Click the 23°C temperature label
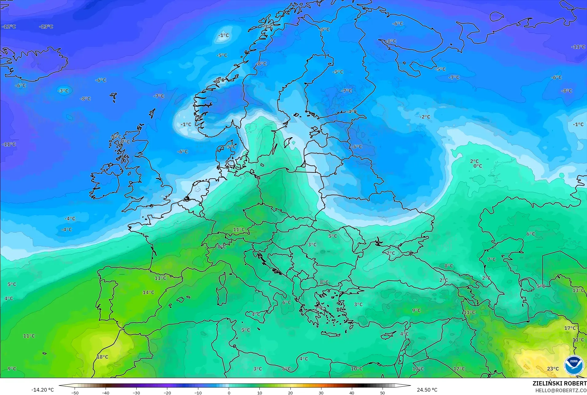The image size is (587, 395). tap(553, 369)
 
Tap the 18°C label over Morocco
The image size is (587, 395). tap(103, 357)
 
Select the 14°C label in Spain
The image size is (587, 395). tap(148, 292)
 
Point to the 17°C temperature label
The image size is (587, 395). tap(570, 328)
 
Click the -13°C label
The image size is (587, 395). tap(46, 27)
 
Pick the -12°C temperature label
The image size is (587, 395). tap(9, 27)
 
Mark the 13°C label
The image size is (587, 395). tap(578, 290)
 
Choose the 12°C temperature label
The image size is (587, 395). tap(459, 369)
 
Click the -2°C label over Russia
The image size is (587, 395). tap(425, 117)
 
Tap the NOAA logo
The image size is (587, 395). tap(574, 365)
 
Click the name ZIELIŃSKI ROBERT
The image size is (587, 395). tap(559, 384)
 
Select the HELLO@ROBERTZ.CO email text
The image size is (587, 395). tap(561, 390)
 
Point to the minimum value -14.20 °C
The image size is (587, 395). tap(42, 390)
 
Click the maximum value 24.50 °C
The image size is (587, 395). tap(427, 390)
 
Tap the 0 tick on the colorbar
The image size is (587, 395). tap(229, 393)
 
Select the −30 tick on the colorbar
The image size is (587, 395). tap(136, 393)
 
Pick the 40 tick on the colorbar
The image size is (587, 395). tap(352, 393)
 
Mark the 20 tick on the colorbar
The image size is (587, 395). tap(290, 393)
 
